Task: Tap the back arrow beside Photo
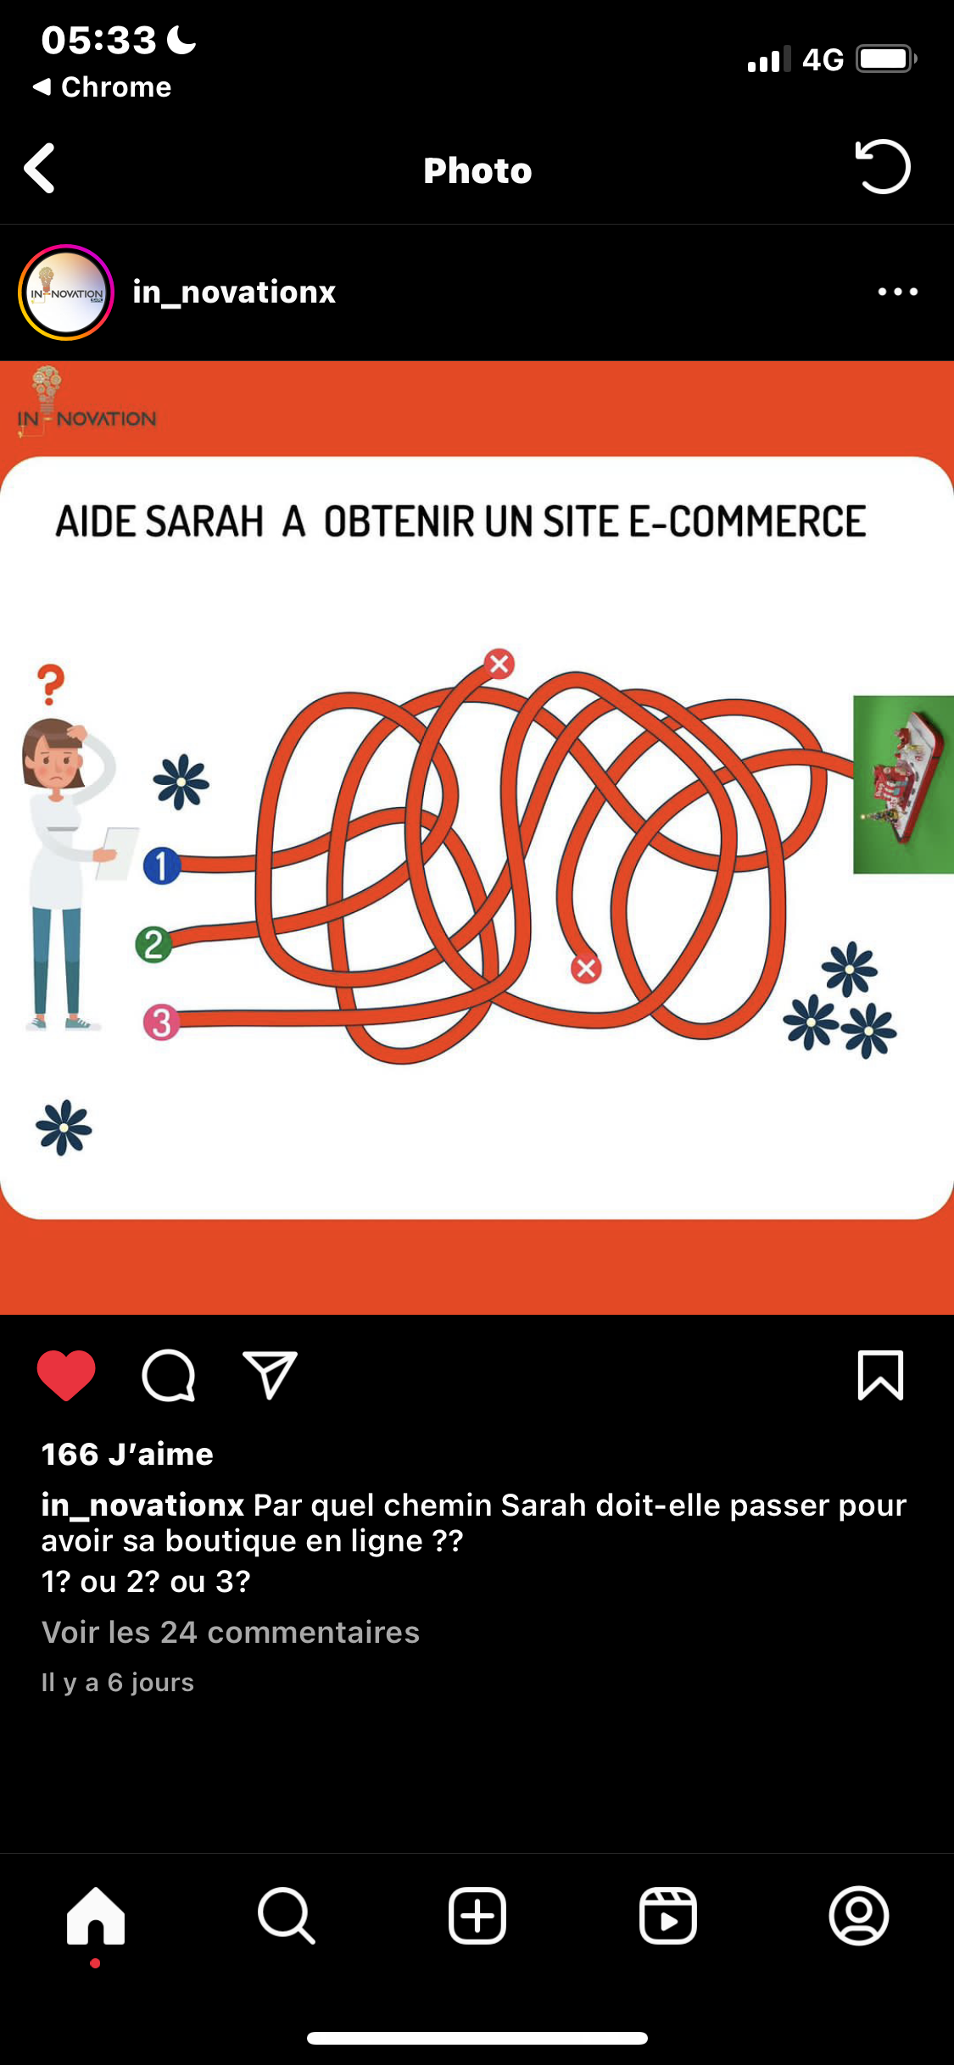click(40, 168)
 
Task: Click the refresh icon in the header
click(883, 166)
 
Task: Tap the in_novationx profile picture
click(66, 292)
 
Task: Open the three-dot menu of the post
click(898, 292)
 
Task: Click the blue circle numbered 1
click(161, 866)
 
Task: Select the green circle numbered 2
click(153, 944)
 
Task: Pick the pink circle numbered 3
click(162, 1022)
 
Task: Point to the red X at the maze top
click(499, 664)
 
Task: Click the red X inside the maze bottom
click(585, 968)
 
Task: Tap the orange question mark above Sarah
click(51, 683)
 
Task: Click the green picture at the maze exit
click(903, 784)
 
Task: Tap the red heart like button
click(66, 1375)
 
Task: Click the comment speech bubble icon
click(169, 1375)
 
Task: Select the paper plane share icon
click(270, 1373)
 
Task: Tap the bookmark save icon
click(880, 1375)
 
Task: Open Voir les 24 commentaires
click(231, 1632)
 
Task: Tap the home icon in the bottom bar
click(96, 1916)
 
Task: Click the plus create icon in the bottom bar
click(477, 1916)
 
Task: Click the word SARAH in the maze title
click(204, 521)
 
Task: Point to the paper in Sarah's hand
click(118, 851)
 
